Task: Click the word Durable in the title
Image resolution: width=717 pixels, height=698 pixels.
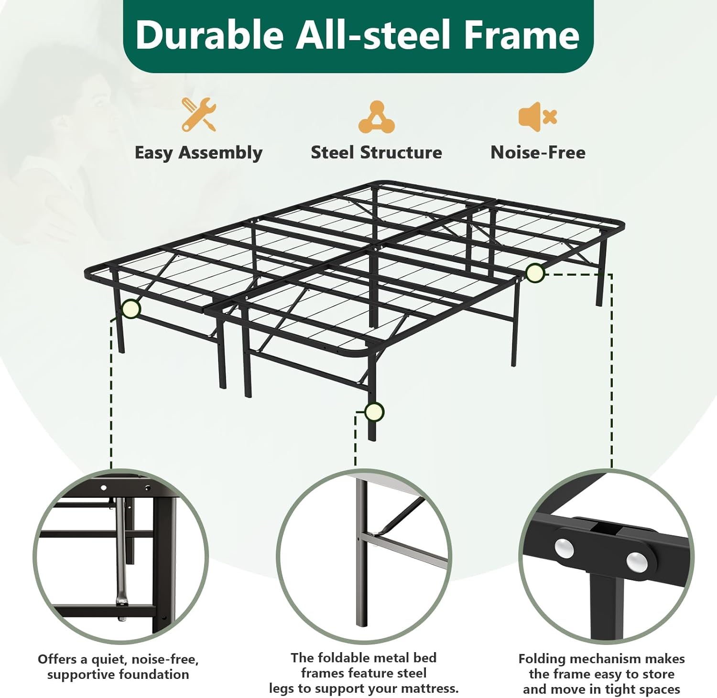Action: tap(209, 35)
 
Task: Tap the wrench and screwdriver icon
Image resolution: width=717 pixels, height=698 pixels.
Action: tap(198, 115)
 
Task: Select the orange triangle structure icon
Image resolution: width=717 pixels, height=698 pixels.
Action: tap(377, 117)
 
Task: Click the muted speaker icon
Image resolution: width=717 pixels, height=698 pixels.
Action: tap(537, 116)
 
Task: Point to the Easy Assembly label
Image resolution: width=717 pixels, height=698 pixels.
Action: tap(198, 153)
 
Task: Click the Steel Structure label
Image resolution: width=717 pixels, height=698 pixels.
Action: tap(376, 152)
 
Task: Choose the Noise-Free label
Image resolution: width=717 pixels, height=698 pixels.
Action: tap(538, 152)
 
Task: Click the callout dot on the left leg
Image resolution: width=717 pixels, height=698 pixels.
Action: tap(130, 309)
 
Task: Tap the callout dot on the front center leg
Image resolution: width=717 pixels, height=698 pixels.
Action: tap(374, 412)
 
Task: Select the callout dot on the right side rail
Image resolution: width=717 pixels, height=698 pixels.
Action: tap(535, 273)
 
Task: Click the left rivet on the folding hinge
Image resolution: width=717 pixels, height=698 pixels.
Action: tap(565, 549)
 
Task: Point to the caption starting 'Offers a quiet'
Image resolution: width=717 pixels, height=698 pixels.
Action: tap(118, 667)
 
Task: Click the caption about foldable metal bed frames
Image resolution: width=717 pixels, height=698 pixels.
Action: tap(363, 673)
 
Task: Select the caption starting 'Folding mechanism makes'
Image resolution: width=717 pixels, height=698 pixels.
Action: tap(601, 674)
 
